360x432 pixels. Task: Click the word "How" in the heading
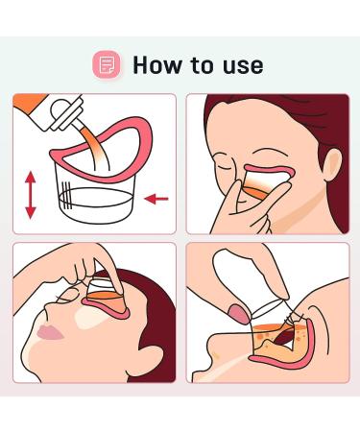point(156,65)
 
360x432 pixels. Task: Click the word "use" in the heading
point(243,67)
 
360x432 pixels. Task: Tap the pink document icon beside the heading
point(107,64)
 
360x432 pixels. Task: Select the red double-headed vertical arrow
point(31,195)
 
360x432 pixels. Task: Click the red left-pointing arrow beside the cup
point(156,199)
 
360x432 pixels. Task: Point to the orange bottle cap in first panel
point(28,104)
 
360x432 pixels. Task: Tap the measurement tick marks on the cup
point(65,195)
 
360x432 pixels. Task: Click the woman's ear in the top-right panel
point(333,165)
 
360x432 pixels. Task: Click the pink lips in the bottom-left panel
point(50,333)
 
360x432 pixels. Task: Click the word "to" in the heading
point(203,65)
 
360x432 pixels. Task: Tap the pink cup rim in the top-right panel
point(270,170)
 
